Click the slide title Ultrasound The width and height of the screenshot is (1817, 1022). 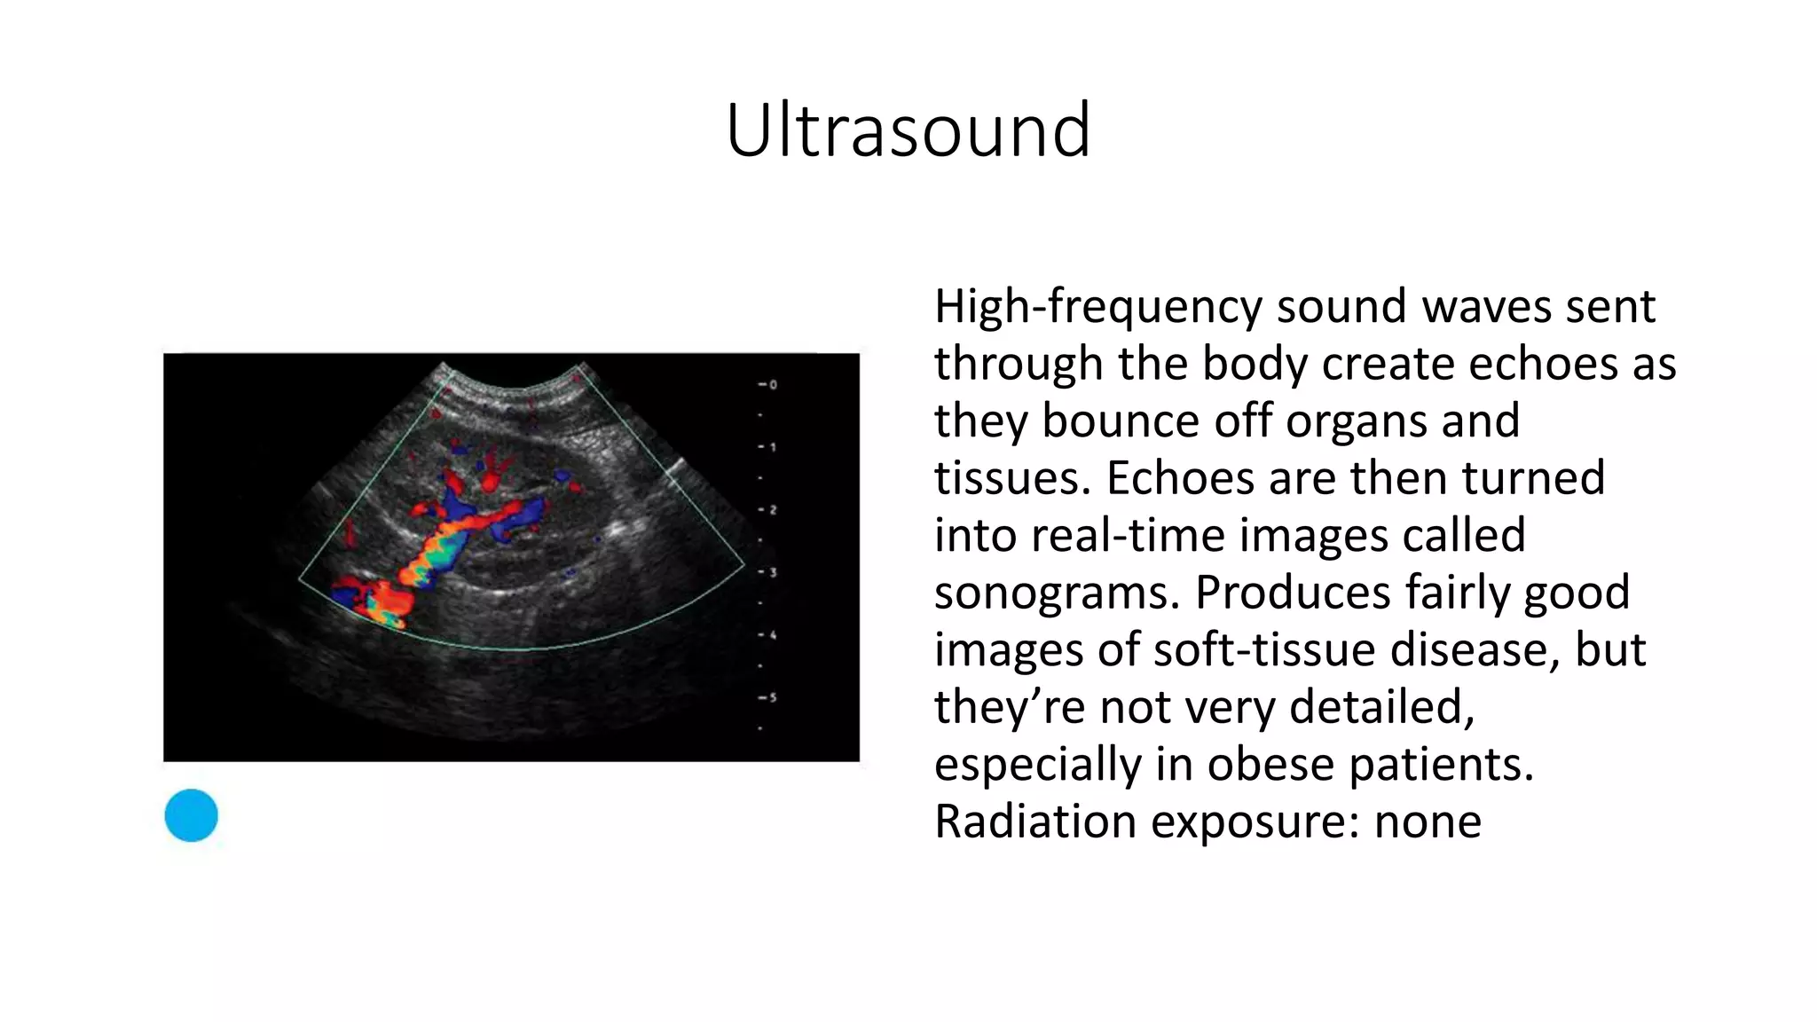908,130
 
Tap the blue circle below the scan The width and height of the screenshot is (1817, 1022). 191,814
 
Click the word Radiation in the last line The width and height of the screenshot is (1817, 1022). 1035,822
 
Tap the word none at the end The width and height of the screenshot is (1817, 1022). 1428,822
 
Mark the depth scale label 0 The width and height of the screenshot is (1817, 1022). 772,385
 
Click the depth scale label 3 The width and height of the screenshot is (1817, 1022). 772,572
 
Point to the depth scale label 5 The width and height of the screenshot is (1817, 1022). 772,697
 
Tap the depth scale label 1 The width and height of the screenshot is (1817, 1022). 772,447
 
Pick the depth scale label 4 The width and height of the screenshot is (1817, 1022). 772,635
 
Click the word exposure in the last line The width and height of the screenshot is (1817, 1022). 1255,822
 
